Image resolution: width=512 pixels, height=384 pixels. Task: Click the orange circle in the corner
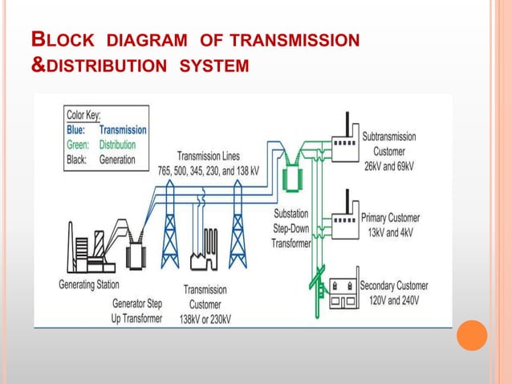coord(472,335)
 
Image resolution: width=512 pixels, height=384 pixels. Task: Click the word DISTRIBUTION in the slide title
coord(102,63)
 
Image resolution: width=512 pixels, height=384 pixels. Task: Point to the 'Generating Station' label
coord(89,284)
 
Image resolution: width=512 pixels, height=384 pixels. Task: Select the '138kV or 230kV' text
coord(206,319)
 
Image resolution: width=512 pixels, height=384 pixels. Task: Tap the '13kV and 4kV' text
coord(389,232)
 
